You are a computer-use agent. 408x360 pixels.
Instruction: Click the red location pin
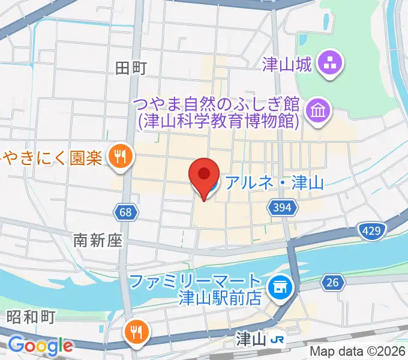point(203,176)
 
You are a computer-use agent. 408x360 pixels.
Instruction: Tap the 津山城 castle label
point(287,64)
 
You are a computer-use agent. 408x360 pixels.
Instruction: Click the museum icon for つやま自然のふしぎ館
point(317,110)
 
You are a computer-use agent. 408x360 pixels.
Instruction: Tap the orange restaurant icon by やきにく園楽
point(121,157)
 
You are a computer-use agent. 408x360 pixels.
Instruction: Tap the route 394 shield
point(283,208)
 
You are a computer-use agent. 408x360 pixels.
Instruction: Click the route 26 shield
point(331,281)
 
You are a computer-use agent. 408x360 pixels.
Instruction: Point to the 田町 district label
point(131,68)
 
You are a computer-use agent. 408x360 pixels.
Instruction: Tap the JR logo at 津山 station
point(277,340)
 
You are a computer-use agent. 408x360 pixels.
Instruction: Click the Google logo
point(40,346)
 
